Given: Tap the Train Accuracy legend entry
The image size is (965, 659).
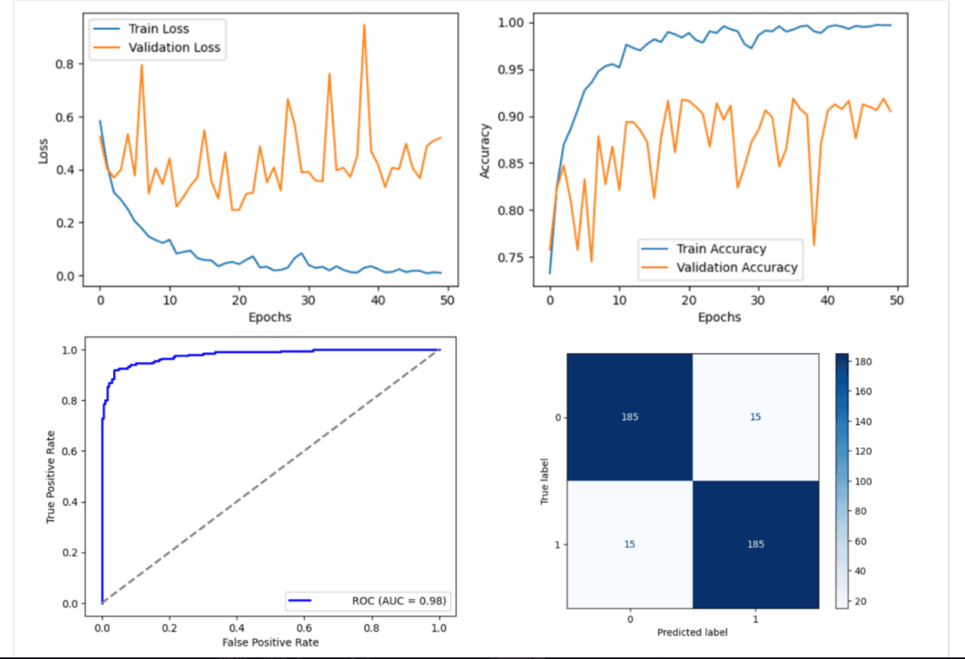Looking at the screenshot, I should pos(721,248).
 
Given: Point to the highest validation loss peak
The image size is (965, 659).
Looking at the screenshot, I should pos(364,25).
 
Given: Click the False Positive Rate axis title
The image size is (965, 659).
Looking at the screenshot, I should pos(269,642).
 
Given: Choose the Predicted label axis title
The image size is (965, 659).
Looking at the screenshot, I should pos(692,632).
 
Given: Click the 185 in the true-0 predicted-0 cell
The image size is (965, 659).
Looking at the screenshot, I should pos(630,417).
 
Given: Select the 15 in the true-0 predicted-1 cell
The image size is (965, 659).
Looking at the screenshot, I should pos(755,417).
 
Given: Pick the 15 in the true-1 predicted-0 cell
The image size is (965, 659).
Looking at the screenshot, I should pos(630,543).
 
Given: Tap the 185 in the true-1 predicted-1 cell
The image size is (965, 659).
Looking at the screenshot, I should pos(755,543).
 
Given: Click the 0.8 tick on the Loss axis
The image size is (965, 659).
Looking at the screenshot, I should pos(64,64).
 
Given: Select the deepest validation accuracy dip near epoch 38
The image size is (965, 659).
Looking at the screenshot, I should pos(814,245).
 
